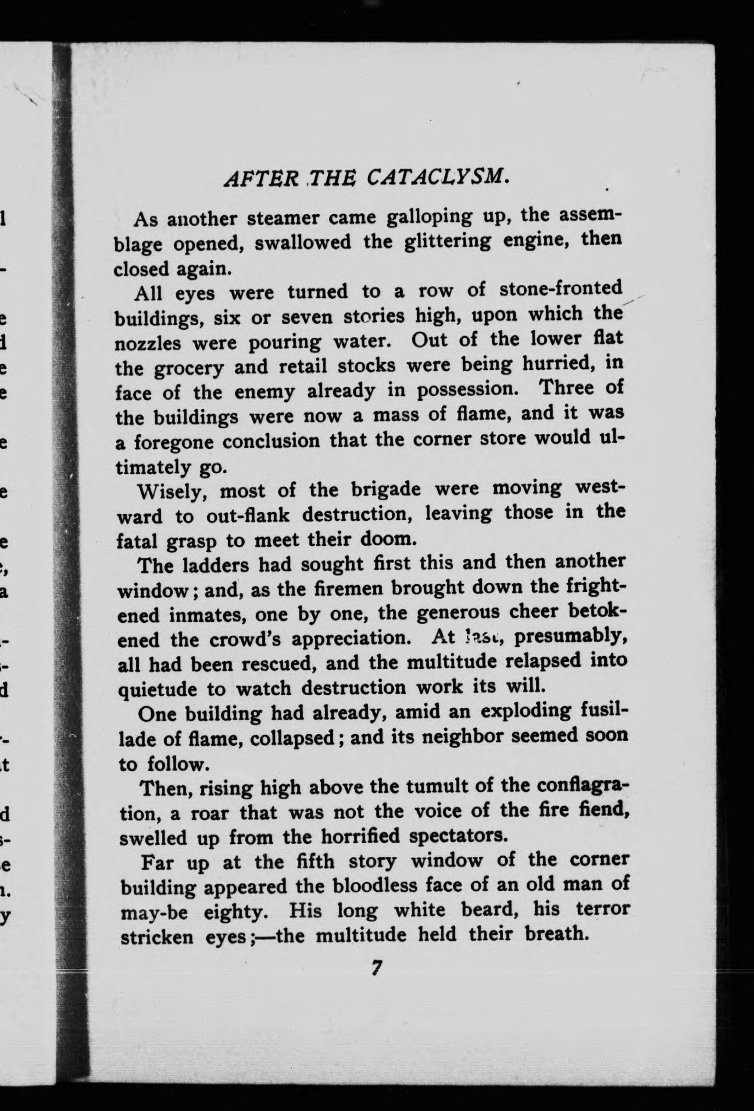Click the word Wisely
point(169,493)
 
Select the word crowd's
point(253,639)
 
